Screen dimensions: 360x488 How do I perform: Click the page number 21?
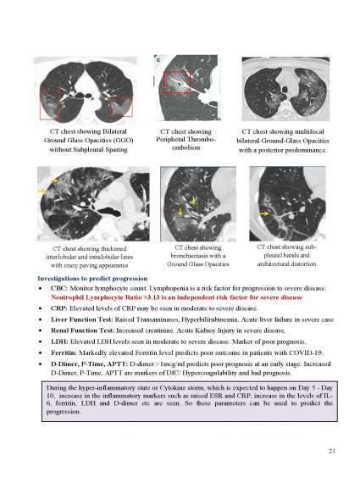pos(332,451)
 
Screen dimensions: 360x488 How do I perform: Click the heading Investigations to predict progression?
pos(92,279)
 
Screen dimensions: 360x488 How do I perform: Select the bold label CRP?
pos(59,308)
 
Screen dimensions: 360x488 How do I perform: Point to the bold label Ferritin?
pos(64,353)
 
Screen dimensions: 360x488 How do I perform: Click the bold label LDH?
pos(59,341)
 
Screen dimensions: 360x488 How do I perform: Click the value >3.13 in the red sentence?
pos(152,297)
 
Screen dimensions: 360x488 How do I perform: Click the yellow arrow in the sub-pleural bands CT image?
pos(264,213)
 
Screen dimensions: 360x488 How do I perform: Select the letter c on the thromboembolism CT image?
pos(158,59)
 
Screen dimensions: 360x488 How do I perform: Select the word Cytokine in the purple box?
pos(173,388)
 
